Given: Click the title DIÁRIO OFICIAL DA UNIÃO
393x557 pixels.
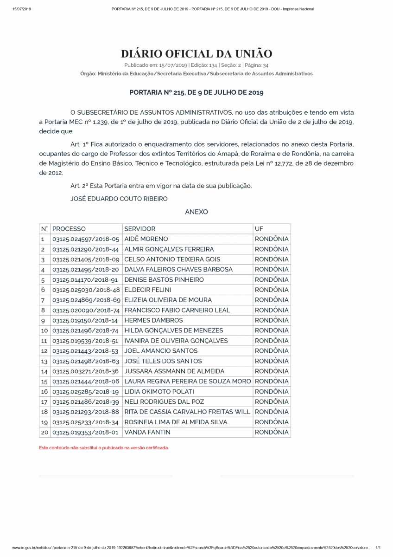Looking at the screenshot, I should [x=196, y=54].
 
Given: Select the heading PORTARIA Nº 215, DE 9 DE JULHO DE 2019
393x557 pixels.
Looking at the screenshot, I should [x=196, y=92].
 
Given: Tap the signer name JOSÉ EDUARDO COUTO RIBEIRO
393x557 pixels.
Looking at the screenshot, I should [x=119, y=199].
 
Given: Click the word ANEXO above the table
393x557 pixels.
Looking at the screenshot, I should [x=196, y=212].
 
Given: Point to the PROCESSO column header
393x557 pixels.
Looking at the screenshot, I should [x=69, y=229].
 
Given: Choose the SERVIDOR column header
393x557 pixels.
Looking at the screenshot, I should [x=140, y=229].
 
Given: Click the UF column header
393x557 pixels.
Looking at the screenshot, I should [x=259, y=229].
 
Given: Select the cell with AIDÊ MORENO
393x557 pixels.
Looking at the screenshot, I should [x=146, y=239].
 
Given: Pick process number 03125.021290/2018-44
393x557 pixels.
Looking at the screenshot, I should [x=86, y=249].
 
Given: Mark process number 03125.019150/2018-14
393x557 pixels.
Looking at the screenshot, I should [x=86, y=320].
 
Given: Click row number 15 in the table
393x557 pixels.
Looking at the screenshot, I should [x=44, y=382].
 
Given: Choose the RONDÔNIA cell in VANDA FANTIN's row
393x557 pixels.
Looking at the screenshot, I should [x=272, y=432].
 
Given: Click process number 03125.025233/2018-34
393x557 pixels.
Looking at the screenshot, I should [x=86, y=422].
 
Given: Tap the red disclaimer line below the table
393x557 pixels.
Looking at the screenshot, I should [x=104, y=448].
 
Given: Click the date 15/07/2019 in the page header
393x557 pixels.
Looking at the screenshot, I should [x=22, y=9].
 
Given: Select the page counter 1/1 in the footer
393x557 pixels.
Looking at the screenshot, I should [x=378, y=548].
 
